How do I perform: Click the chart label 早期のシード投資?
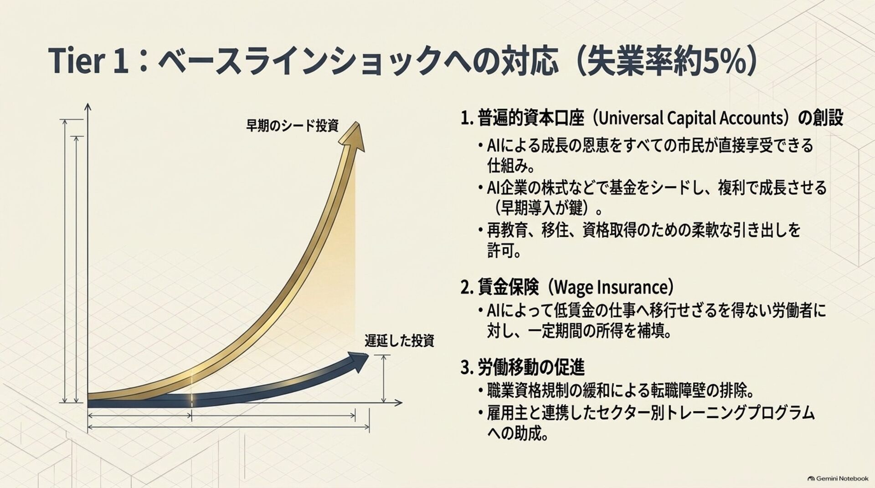tap(292, 126)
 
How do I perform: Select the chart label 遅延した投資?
tap(399, 341)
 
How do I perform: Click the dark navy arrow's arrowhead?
tap(358, 362)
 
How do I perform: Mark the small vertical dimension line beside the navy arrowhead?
tap(384, 379)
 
